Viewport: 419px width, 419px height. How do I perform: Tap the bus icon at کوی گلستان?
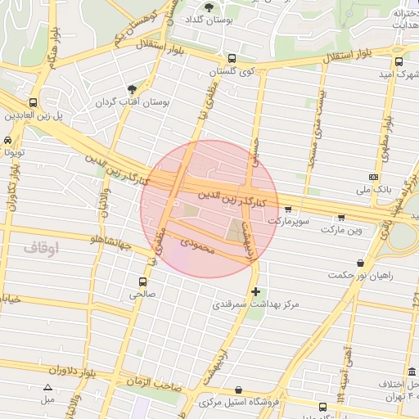[232, 59]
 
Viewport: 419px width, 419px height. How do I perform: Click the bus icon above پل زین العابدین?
[33, 103]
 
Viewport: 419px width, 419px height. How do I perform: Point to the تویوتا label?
[12, 152]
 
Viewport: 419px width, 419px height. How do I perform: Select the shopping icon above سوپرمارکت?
[287, 209]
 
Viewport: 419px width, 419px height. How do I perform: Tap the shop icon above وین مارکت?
[341, 217]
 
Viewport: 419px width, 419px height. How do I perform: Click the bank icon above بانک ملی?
[374, 177]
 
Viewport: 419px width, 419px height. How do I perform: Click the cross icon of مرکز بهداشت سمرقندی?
[256, 291]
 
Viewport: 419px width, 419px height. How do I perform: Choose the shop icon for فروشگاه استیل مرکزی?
[237, 390]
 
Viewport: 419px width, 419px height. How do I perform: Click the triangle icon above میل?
[47, 388]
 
